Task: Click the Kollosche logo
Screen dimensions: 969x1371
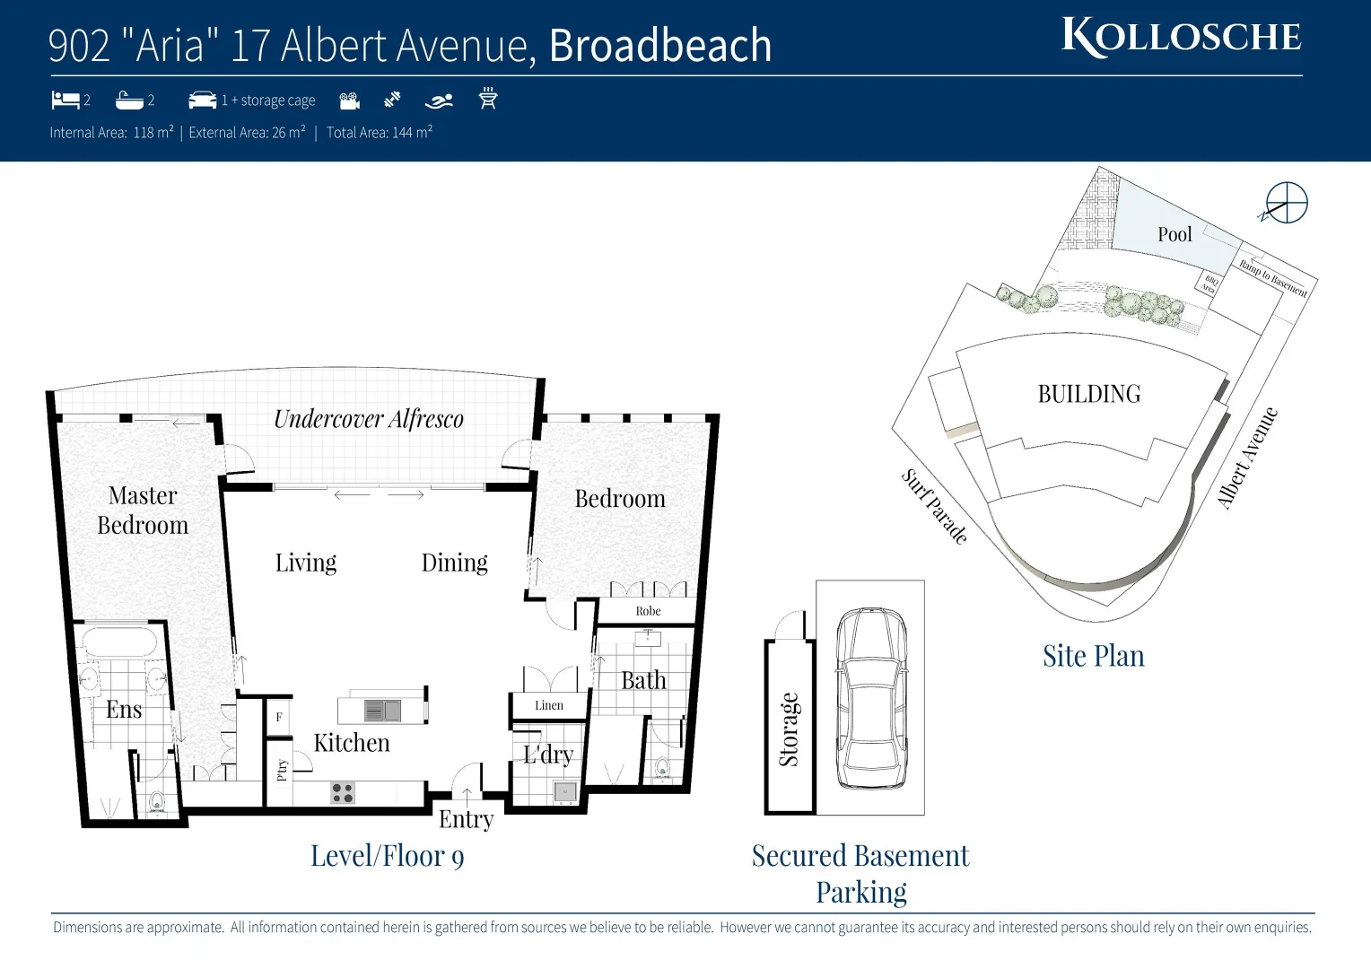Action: pyautogui.click(x=1181, y=37)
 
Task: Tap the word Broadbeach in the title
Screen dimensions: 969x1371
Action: pyautogui.click(x=659, y=46)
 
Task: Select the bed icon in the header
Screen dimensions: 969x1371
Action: pyautogui.click(x=65, y=100)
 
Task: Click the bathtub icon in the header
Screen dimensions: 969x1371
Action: pyautogui.click(x=129, y=100)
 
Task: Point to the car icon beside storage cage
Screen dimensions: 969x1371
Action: pyautogui.click(x=202, y=100)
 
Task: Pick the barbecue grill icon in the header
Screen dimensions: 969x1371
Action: pyautogui.click(x=488, y=99)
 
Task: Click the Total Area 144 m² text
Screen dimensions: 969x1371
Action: pyautogui.click(x=379, y=133)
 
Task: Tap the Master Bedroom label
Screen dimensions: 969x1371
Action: pyautogui.click(x=143, y=510)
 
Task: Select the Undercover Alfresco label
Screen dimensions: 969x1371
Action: pyautogui.click(x=368, y=419)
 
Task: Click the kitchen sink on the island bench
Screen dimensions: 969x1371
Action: pyautogui.click(x=382, y=711)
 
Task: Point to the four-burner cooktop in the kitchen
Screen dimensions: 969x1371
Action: pyautogui.click(x=343, y=792)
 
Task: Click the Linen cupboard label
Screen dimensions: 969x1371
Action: pyautogui.click(x=549, y=705)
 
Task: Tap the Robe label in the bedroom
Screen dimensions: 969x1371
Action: pyautogui.click(x=648, y=611)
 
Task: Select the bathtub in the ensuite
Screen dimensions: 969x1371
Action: pyautogui.click(x=119, y=643)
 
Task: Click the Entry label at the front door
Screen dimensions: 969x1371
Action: pyautogui.click(x=466, y=818)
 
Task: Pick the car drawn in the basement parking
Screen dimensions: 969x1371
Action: pyautogui.click(x=870, y=697)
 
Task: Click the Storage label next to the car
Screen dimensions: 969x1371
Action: pyautogui.click(x=789, y=729)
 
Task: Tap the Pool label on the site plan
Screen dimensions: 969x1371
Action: pyautogui.click(x=1175, y=234)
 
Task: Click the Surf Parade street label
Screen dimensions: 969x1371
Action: pyautogui.click(x=935, y=506)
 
